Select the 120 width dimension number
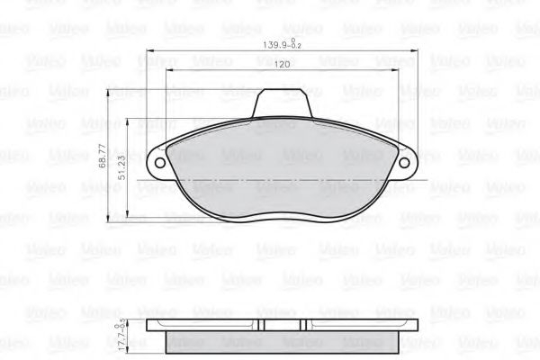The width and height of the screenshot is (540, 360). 282,65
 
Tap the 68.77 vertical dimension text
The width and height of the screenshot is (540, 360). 103,158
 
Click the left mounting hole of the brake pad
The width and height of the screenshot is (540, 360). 161,165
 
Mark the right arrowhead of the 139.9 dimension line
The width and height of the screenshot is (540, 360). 417,49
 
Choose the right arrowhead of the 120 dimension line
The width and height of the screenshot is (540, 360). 395,72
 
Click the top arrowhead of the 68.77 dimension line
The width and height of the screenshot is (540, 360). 111,92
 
